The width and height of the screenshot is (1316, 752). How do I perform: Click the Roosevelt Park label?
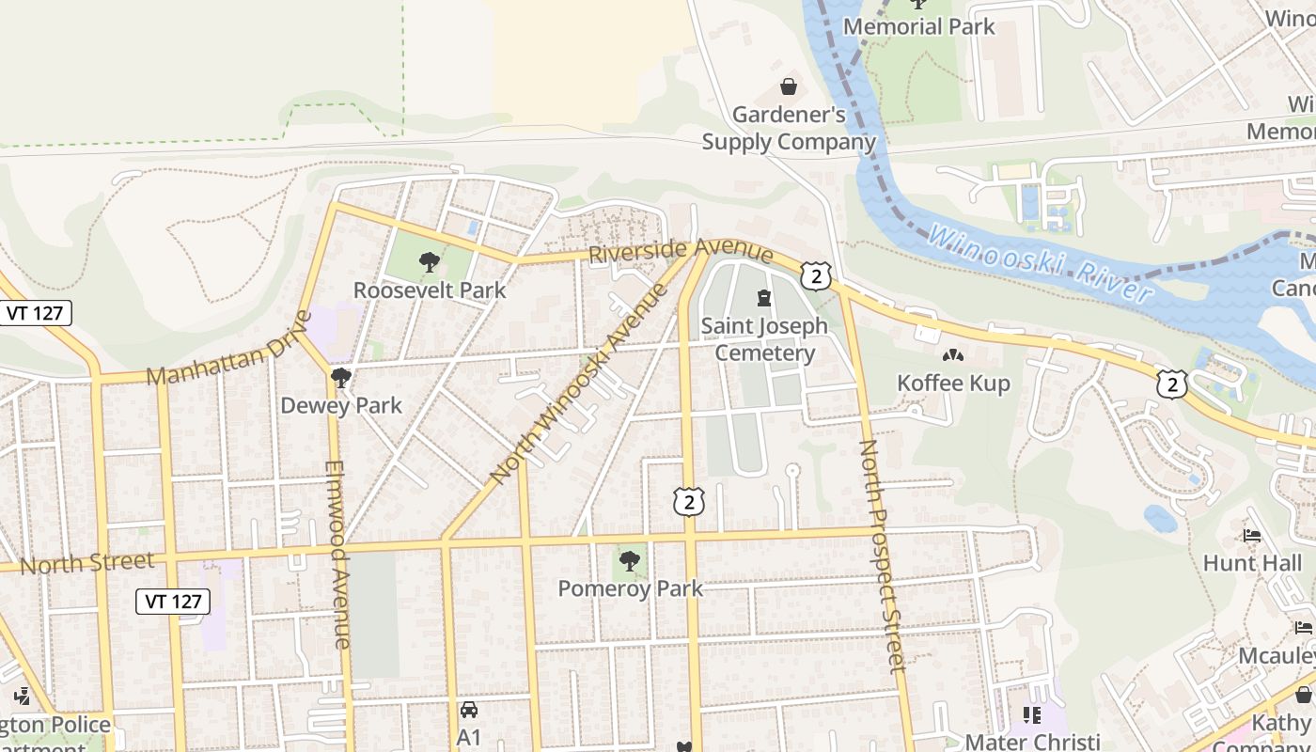pyautogui.click(x=430, y=290)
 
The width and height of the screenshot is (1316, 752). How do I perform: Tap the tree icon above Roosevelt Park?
pyautogui.click(x=430, y=261)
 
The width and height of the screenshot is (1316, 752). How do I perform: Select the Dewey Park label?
pyautogui.click(x=341, y=406)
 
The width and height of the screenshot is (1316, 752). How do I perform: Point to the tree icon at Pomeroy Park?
pyautogui.click(x=630, y=561)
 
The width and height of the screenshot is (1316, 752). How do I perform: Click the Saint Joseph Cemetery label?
pyautogui.click(x=764, y=339)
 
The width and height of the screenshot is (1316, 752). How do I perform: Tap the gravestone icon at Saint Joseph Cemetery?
pyautogui.click(x=764, y=299)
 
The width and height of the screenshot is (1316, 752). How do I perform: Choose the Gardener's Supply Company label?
pyautogui.click(x=789, y=129)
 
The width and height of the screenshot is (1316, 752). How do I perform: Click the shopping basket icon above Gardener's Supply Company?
pyautogui.click(x=789, y=87)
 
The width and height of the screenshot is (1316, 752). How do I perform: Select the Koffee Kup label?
pyautogui.click(x=953, y=384)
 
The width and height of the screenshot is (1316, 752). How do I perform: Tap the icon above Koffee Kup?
pyautogui.click(x=953, y=355)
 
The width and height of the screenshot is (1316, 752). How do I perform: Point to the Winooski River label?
pyautogui.click(x=1040, y=263)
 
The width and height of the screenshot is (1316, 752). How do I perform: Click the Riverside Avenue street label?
pyautogui.click(x=681, y=252)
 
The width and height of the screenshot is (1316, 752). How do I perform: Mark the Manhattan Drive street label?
pyautogui.click(x=228, y=349)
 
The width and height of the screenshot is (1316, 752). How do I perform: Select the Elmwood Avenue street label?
pyautogui.click(x=337, y=555)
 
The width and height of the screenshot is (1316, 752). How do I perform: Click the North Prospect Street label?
pyautogui.click(x=883, y=556)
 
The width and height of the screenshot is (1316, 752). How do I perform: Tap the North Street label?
pyautogui.click(x=86, y=564)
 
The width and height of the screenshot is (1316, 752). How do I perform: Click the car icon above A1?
pyautogui.click(x=468, y=710)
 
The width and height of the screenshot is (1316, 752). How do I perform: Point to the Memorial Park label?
pyautogui.click(x=918, y=26)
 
